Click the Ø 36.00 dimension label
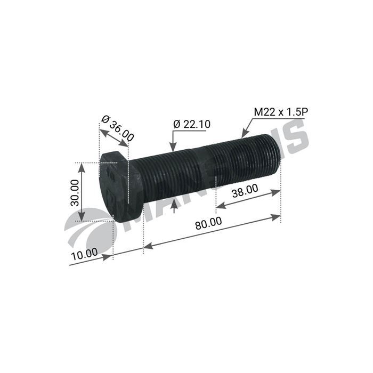118,127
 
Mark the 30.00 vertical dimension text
74,192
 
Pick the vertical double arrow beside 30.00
82,192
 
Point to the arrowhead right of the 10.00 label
109,257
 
